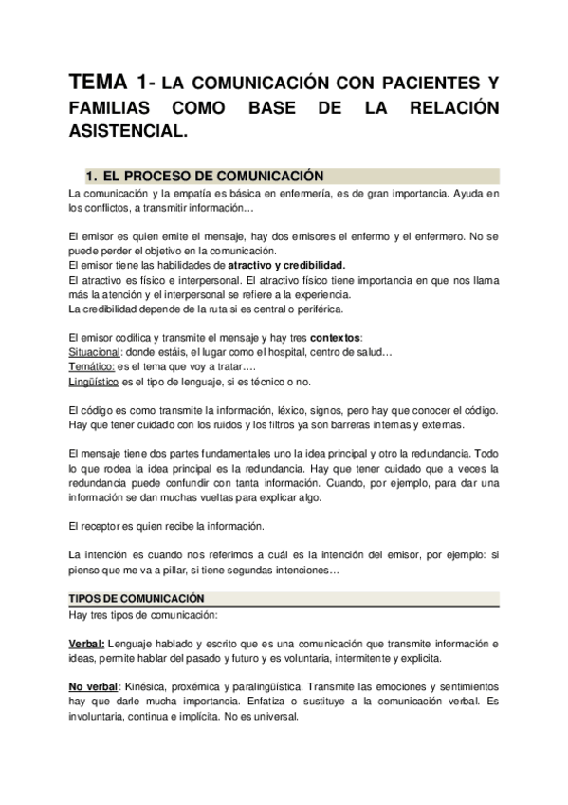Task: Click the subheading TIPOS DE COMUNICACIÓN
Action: click(x=137, y=598)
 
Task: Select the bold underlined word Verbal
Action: click(x=86, y=643)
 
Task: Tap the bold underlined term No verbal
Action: click(x=93, y=686)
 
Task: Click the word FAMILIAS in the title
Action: click(x=114, y=108)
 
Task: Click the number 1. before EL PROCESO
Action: click(x=91, y=177)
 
